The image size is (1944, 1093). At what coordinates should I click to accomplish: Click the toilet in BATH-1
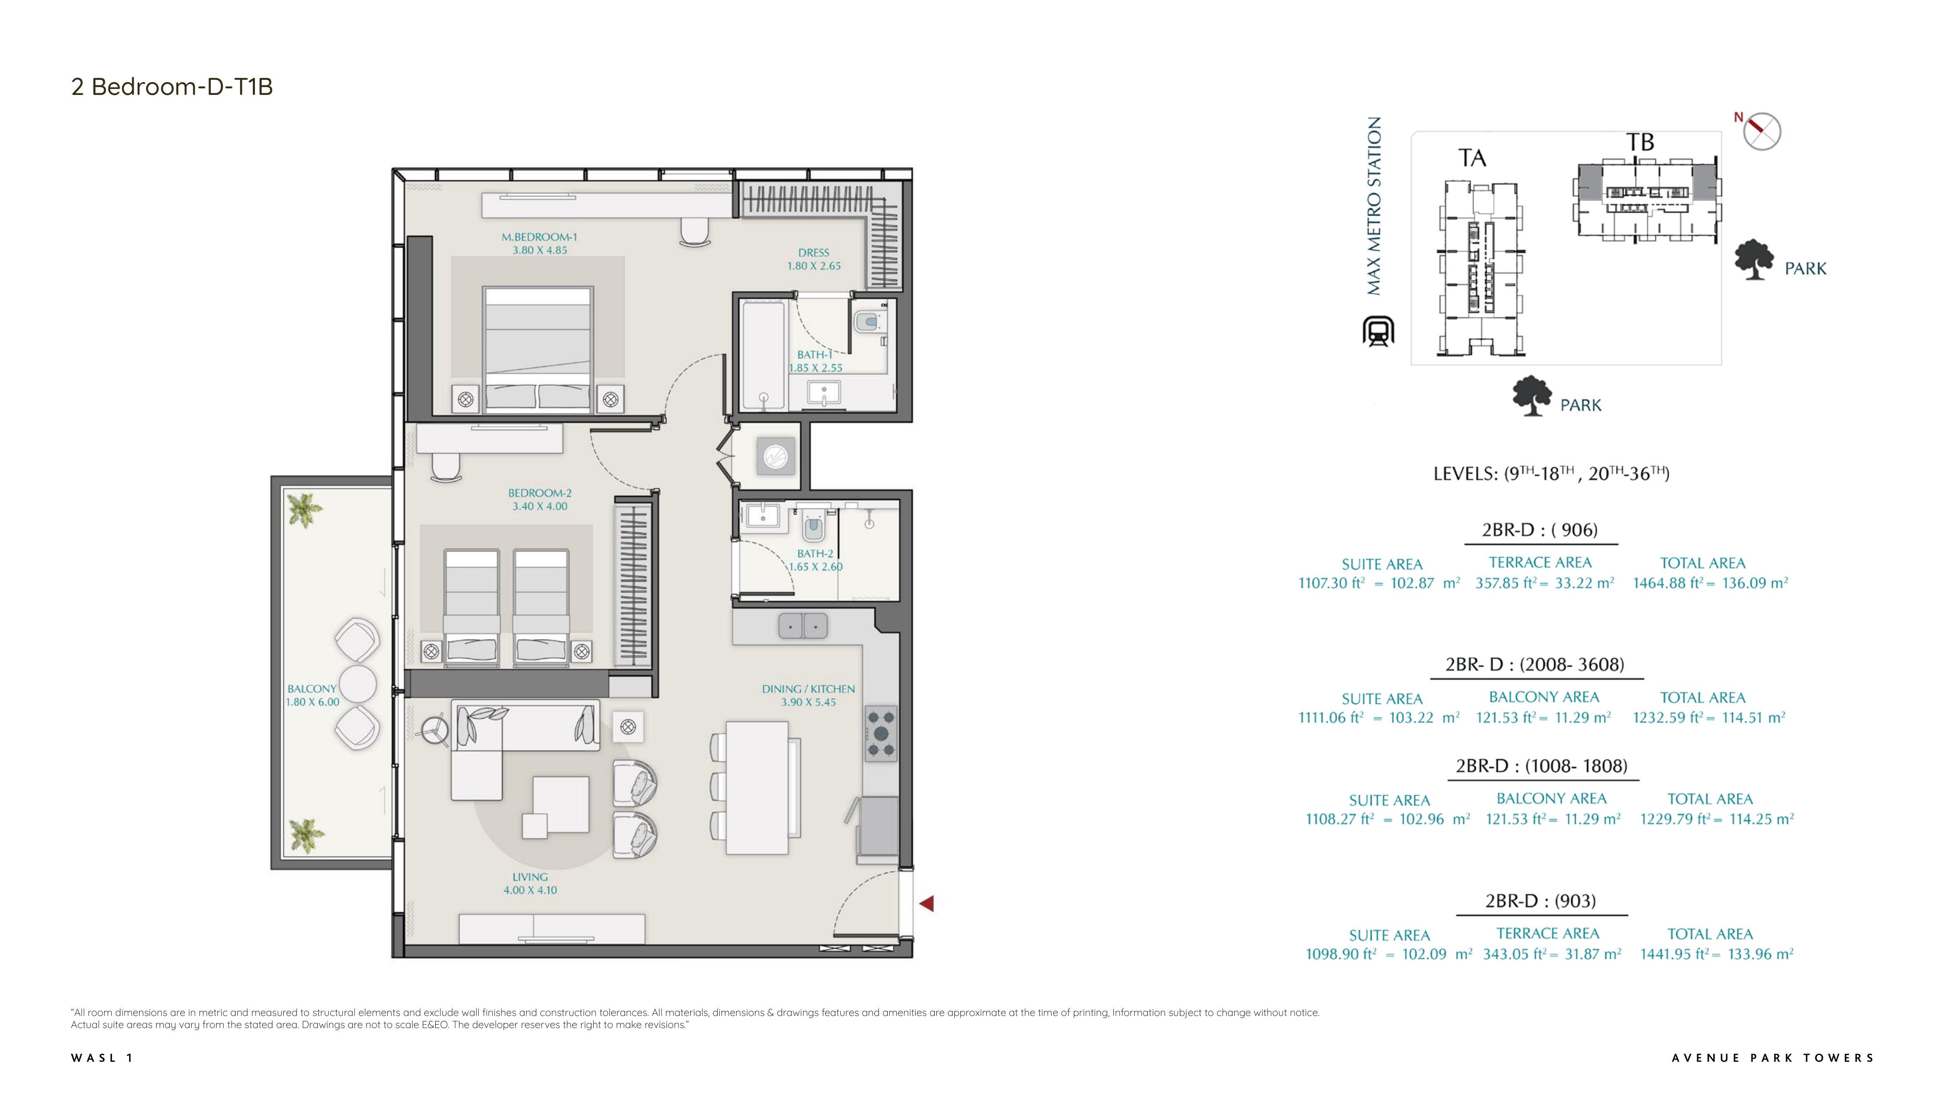tap(868, 322)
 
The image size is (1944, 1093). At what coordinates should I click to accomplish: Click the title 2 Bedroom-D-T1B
tap(172, 87)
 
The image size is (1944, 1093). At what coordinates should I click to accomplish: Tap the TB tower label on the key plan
tap(1640, 142)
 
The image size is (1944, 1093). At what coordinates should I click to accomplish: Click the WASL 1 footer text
tap(102, 1058)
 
